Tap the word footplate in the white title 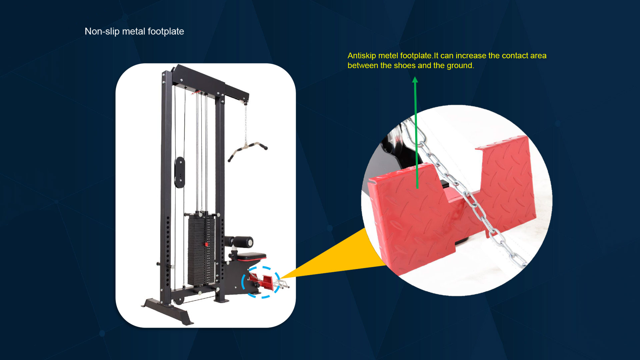pos(166,31)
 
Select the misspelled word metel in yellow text pos(388,56)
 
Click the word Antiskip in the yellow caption pos(362,56)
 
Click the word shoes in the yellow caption pos(405,65)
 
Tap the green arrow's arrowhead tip pos(415,77)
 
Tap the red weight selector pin pos(207,244)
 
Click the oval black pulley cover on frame pos(179,172)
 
